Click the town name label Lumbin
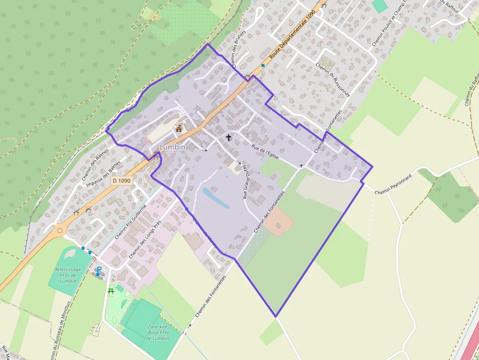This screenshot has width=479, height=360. coord(173,147)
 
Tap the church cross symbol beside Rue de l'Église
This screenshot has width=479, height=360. coord(229,138)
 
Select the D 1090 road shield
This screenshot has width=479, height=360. coord(121,181)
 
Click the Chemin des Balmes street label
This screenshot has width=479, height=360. coord(95,164)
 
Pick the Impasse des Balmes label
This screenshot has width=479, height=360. coord(103,174)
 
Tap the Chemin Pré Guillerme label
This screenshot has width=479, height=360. coord(131,221)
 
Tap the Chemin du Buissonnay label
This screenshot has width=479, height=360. coord(333,81)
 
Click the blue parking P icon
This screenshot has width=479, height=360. coord(99,270)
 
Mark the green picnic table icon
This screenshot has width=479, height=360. coord(111,291)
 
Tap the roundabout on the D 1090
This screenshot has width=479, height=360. coord(60,230)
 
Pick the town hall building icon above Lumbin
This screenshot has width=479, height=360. coord(179,129)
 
